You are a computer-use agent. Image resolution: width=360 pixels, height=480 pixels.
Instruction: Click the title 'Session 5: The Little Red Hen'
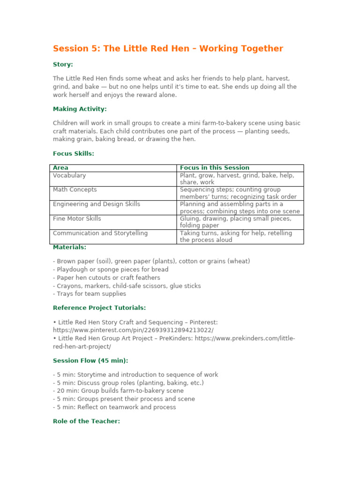[x=168, y=49]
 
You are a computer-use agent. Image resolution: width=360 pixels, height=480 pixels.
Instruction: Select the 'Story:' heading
[x=63, y=64]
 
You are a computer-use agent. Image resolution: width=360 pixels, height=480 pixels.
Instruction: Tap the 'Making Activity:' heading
[x=80, y=109]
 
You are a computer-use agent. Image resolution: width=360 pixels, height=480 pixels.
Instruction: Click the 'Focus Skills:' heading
[x=73, y=153]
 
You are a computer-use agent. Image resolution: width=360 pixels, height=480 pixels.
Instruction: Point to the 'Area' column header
[x=60, y=168]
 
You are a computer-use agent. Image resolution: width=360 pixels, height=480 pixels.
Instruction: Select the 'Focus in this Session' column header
[x=214, y=168]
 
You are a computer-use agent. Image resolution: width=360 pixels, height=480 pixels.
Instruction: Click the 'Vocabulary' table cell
[x=69, y=175]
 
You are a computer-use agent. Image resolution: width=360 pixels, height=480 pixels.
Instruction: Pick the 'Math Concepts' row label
[x=75, y=190]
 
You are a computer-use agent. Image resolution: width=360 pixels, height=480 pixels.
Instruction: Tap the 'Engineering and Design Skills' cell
[x=96, y=204]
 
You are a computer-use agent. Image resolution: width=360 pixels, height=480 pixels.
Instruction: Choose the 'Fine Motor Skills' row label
[x=77, y=219]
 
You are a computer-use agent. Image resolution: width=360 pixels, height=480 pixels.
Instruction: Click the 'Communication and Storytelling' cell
[x=100, y=233]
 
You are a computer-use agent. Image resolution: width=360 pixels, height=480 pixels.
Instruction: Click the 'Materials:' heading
[x=69, y=247]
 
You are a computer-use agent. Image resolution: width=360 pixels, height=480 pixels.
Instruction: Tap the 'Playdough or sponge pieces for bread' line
[x=111, y=270]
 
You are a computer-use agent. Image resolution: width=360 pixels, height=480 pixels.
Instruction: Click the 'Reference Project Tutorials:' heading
[x=99, y=307]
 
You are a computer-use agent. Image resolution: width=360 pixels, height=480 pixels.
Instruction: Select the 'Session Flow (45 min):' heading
[x=90, y=360]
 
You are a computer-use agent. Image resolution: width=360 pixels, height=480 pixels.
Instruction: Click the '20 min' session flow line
[x=118, y=391]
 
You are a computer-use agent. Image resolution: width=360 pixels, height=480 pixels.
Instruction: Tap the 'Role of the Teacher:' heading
[x=86, y=421]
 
